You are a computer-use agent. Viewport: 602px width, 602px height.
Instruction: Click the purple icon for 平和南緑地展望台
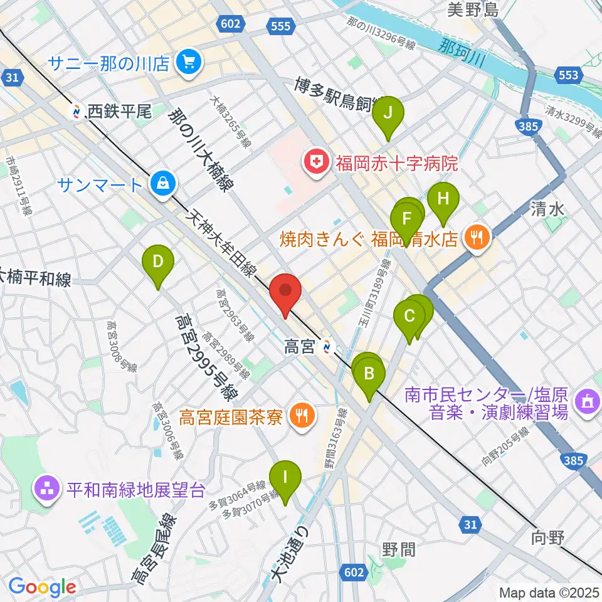(47, 489)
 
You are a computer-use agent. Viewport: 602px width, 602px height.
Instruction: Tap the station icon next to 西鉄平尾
(78, 112)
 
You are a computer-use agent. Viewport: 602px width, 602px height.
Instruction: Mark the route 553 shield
(568, 75)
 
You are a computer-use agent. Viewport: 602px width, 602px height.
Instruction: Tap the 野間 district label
(398, 549)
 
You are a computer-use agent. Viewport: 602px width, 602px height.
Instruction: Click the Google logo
(42, 587)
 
